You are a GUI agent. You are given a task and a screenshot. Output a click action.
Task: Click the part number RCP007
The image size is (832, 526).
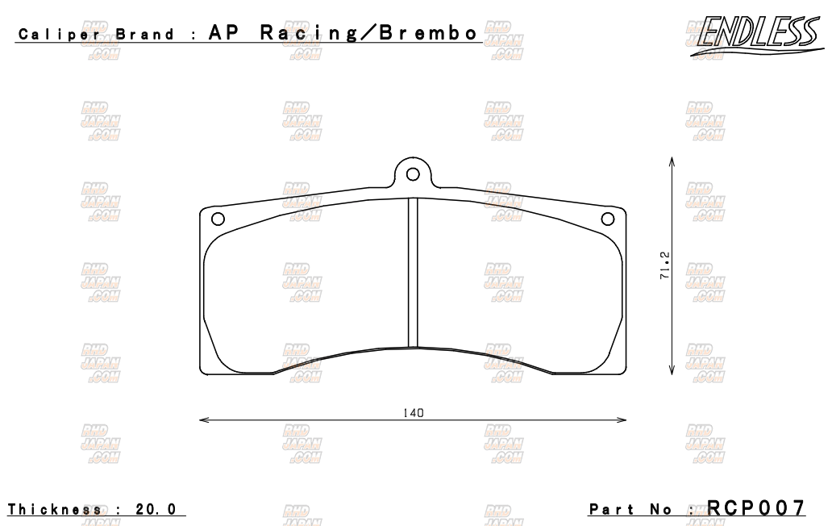coord(756,508)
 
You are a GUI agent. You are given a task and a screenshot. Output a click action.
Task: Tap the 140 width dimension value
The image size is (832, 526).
coord(414,412)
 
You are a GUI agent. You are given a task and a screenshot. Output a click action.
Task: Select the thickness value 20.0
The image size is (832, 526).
coord(156,510)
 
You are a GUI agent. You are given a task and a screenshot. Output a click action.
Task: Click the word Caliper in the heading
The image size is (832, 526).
coord(59,35)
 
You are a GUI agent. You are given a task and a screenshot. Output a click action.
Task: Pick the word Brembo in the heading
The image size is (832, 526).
coord(431,33)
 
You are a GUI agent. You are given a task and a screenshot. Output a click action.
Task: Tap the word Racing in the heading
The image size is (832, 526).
coord(310,33)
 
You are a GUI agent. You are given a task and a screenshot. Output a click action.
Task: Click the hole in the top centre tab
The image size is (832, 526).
coord(413,173)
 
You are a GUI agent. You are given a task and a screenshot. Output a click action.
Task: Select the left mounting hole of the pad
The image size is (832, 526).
coord(217,218)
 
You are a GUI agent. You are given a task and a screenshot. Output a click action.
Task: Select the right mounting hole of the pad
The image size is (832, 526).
coord(609,218)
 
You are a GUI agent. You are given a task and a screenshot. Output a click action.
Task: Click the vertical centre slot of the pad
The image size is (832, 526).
coord(413,273)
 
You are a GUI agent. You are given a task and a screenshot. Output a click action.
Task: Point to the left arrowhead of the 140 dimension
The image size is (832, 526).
coord(202,420)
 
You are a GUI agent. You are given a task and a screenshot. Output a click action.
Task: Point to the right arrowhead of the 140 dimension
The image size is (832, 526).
coord(623,420)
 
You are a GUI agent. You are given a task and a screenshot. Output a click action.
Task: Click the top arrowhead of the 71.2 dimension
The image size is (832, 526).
coord(672,161)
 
